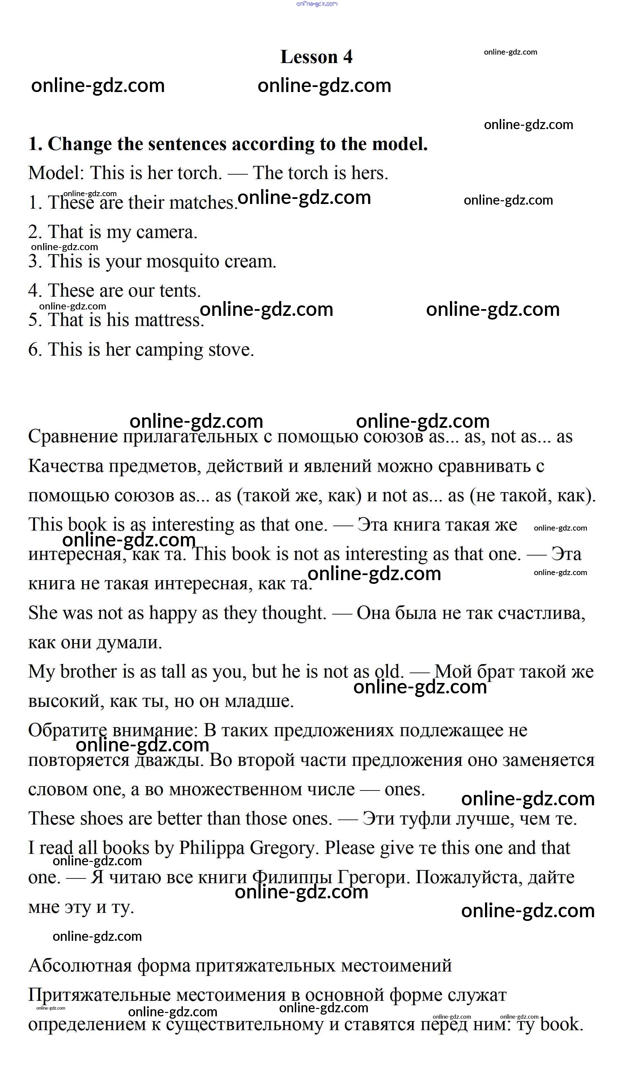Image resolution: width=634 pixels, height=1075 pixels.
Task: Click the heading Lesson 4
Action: (x=316, y=57)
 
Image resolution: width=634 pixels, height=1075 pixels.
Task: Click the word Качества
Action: (x=66, y=466)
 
